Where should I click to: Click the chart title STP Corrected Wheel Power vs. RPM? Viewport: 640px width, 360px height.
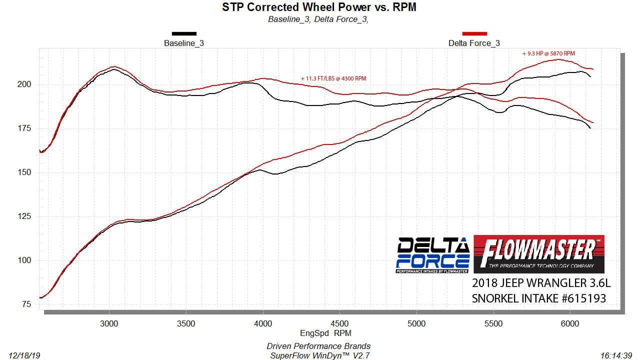tap(319, 7)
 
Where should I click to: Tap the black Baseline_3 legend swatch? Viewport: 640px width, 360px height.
tap(184, 34)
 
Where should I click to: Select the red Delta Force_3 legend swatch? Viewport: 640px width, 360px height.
tap(474, 34)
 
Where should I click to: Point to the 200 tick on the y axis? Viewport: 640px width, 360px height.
tap(25, 84)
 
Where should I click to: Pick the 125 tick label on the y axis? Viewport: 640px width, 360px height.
tap(25, 216)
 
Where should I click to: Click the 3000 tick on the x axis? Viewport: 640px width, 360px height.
tap(109, 323)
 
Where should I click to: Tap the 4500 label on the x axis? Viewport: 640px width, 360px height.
tap(340, 323)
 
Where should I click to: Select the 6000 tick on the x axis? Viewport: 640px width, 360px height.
tap(570, 323)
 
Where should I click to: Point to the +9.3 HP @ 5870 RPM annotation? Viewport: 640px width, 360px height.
tap(551, 53)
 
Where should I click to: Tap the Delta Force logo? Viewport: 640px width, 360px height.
tap(433, 255)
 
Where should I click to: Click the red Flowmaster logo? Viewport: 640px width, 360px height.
tap(538, 254)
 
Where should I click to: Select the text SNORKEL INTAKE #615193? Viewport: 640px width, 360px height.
tap(539, 298)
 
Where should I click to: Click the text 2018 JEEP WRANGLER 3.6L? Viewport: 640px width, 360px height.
tap(541, 283)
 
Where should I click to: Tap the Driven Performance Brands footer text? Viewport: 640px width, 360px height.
tap(318, 346)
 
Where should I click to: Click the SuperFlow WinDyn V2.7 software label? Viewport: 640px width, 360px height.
tap(318, 355)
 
